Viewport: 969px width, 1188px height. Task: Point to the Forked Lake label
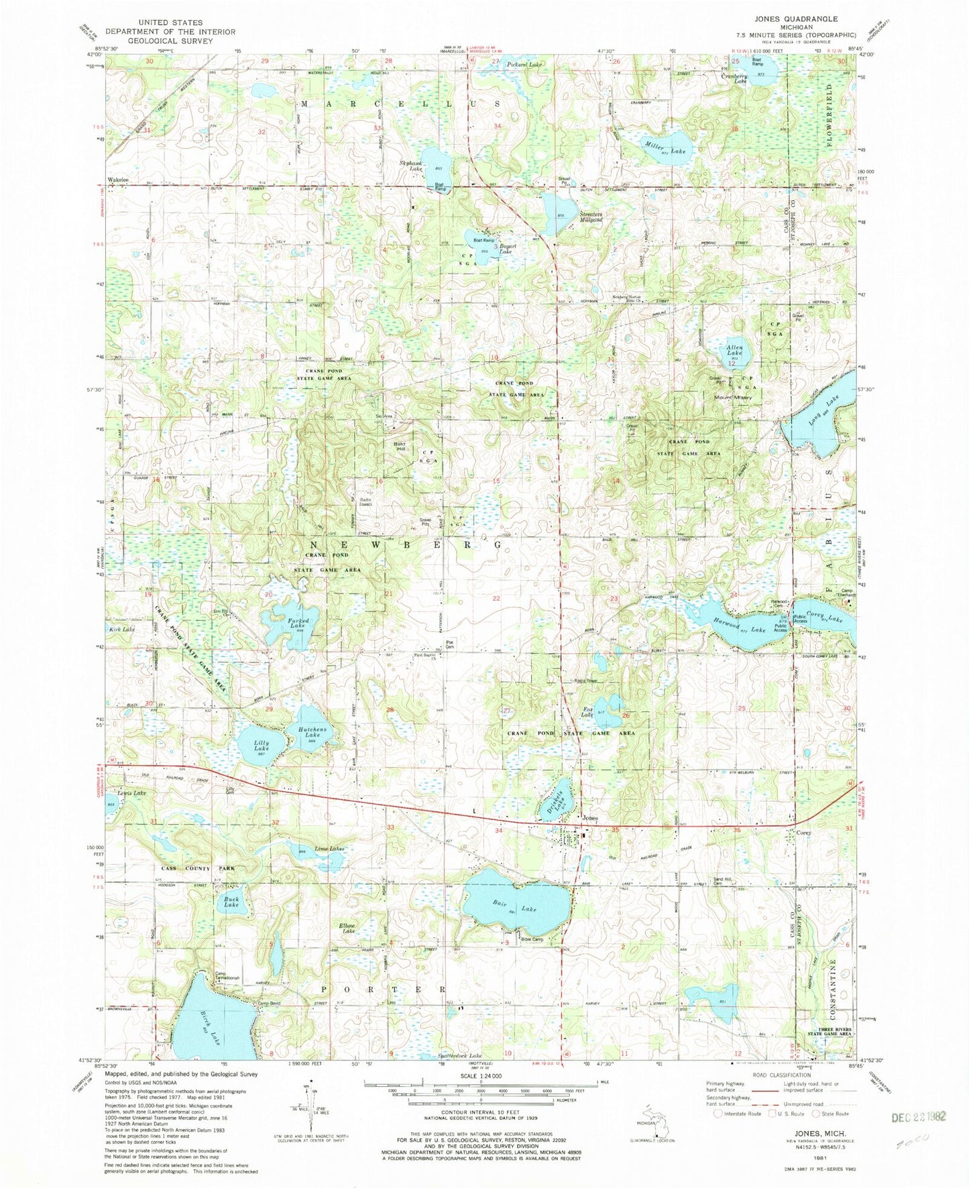[x=298, y=624]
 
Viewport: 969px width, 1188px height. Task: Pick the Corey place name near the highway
[x=803, y=833]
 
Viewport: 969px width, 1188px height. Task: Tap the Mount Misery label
[x=733, y=398]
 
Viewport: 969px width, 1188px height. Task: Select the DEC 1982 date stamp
[x=919, y=1117]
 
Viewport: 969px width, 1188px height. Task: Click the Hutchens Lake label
[x=312, y=732]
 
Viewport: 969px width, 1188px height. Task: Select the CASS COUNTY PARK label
[x=198, y=868]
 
